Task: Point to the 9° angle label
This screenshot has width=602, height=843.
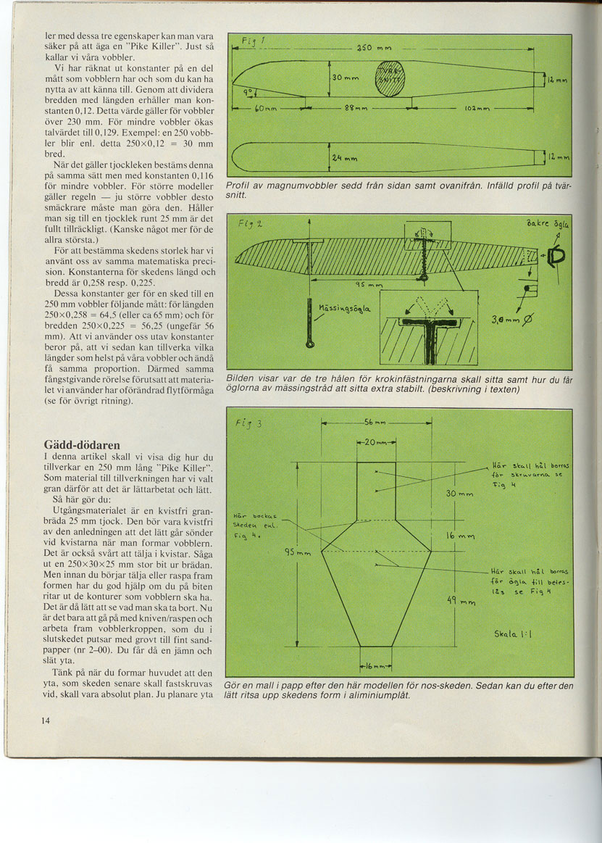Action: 247,92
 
